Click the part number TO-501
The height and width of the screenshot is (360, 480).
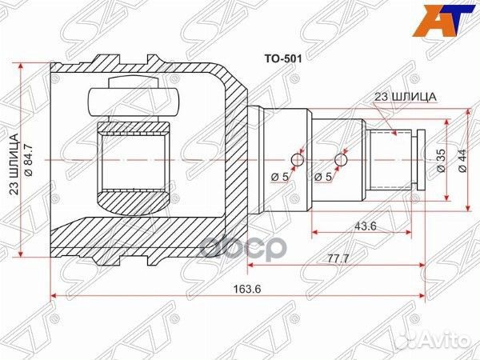281,58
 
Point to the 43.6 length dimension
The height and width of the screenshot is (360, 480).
362,226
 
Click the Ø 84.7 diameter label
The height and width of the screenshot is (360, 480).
30,159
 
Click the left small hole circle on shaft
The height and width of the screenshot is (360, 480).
297,161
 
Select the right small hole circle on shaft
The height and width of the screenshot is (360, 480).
342,161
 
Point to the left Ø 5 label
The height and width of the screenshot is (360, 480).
280,177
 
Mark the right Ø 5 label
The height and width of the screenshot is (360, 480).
324,177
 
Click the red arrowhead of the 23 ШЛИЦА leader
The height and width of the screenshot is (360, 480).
395,135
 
